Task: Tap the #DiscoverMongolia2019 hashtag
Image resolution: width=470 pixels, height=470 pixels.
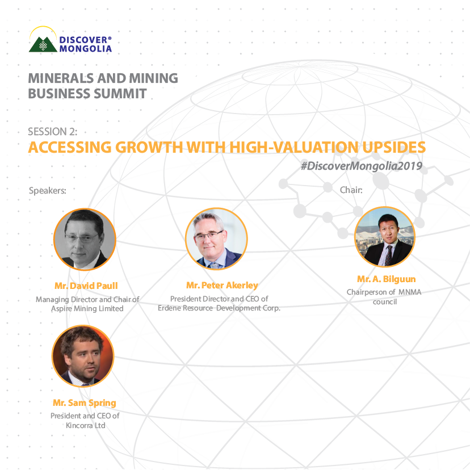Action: click(x=363, y=165)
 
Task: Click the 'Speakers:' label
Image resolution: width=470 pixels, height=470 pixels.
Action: click(x=48, y=190)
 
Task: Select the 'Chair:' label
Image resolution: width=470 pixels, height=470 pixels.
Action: click(x=351, y=190)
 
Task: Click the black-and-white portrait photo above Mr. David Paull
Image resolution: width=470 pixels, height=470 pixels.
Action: click(x=85, y=239)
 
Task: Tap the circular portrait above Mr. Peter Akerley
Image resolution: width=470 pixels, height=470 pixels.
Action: click(x=216, y=238)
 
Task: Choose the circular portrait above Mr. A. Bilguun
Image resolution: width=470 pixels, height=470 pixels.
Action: click(x=384, y=237)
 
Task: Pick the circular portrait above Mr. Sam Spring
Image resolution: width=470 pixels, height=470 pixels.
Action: click(x=83, y=356)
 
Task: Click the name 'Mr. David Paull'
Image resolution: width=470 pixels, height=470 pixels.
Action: click(x=86, y=286)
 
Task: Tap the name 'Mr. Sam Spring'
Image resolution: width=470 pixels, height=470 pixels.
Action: click(x=85, y=403)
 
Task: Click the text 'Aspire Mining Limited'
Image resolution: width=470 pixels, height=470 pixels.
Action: click(x=87, y=308)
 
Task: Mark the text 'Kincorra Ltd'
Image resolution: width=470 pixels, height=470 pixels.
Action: click(x=85, y=425)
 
